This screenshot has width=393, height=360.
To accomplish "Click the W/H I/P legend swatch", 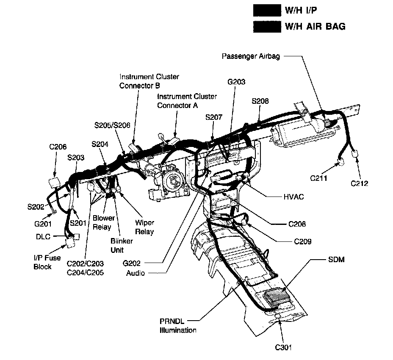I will [266, 10].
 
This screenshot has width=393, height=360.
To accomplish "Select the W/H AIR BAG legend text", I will [315, 26].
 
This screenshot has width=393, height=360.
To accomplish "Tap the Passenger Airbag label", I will [251, 56].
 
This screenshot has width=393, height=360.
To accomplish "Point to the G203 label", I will [236, 82].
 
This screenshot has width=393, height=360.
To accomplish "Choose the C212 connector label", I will [360, 183].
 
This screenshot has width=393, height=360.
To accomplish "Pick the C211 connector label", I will [319, 178].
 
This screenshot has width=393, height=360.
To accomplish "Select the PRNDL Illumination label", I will [178, 326].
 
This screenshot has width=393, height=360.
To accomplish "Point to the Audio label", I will [136, 273].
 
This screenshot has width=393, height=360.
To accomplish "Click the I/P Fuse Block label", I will [42, 263].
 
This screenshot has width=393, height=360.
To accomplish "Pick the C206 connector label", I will [58, 147].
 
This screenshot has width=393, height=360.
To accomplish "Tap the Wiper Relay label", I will [144, 227].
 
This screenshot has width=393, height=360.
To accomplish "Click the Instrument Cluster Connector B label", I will [149, 81].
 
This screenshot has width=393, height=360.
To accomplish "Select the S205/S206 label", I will [112, 125].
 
